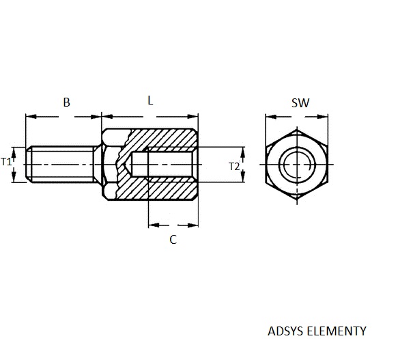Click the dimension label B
coord(67,102)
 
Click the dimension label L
coord(150,100)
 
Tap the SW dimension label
coord(300,102)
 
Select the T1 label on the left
coord(6,161)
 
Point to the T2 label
coord(234,167)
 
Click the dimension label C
coord(173,240)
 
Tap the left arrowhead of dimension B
coord(31,117)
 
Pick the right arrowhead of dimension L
coord(193,117)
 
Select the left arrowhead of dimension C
coord(154,225)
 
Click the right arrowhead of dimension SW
coord(322,117)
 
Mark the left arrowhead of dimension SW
coord(271,117)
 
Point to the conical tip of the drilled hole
coord(128,165)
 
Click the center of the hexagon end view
coord(297,165)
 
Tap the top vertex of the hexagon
coord(297,129)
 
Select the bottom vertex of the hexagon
coord(297,200)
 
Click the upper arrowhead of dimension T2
coord(243,152)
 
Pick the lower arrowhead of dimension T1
coord(14,177)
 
